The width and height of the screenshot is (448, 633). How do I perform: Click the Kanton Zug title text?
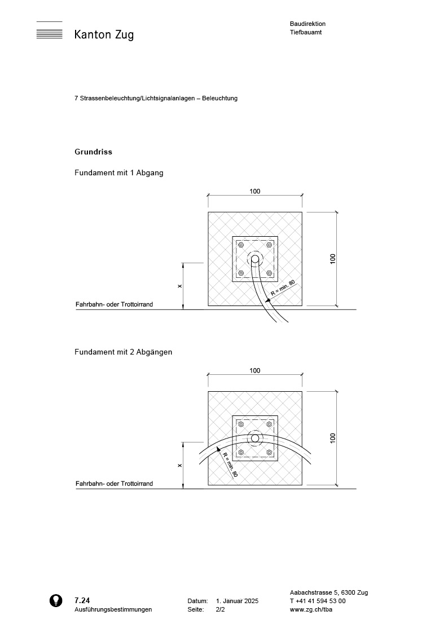point(104,35)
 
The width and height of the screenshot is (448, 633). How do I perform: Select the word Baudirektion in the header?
point(308,24)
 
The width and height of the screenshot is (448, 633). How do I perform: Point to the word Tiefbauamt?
point(306,32)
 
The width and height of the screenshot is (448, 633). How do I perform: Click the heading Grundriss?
point(93,152)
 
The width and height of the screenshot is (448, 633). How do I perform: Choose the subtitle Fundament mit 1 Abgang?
point(118,173)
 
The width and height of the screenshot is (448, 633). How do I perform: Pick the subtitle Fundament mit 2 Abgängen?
point(123,352)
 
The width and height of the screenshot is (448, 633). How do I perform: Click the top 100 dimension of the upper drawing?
point(255,191)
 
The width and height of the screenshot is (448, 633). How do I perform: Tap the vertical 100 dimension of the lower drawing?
point(333,437)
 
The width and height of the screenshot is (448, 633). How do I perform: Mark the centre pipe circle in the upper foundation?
point(255,259)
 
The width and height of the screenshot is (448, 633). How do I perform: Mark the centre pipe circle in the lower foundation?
point(255,439)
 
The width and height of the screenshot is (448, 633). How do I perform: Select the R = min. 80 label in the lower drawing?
point(229,465)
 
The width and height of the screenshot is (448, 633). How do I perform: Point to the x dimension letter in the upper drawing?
point(179,286)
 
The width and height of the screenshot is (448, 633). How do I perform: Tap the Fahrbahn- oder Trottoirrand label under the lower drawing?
point(114,484)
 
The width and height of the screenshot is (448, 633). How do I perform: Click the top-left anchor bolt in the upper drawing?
point(241,245)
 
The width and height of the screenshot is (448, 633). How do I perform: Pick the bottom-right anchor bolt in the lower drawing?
point(269,453)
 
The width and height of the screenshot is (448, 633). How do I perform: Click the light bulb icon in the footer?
point(56,600)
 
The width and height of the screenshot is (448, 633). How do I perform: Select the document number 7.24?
point(82,601)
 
